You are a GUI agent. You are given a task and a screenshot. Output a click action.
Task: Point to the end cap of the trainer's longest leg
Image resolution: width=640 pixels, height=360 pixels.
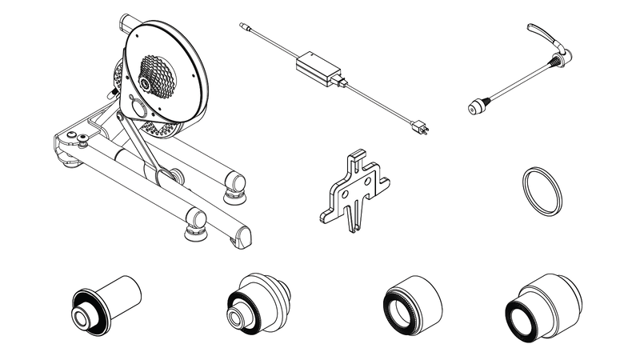click(x=241, y=234)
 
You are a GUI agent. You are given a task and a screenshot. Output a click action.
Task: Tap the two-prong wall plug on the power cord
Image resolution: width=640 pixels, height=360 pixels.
click(x=418, y=127)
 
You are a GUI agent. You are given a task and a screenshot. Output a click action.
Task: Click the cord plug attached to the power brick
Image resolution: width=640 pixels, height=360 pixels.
click(x=342, y=81)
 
